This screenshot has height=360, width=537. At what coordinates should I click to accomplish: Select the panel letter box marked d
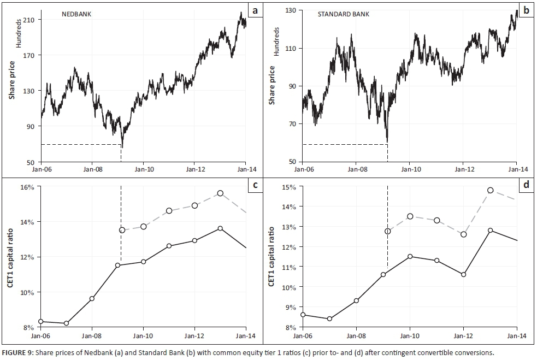click(x=526, y=185)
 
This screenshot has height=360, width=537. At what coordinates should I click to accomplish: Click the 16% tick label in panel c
click(x=27, y=187)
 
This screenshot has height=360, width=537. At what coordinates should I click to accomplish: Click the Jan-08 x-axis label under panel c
click(x=92, y=335)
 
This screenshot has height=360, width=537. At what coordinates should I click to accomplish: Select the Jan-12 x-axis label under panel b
click(x=463, y=169)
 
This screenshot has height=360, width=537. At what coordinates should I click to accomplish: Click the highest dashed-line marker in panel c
click(x=220, y=193)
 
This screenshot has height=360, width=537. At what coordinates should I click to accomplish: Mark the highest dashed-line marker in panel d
click(x=491, y=190)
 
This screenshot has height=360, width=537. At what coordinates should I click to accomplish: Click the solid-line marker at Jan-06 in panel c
click(x=41, y=322)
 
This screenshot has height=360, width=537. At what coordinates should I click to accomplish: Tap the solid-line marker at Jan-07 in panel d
click(x=329, y=319)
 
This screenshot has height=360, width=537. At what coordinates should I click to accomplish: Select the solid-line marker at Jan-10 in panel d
click(x=410, y=256)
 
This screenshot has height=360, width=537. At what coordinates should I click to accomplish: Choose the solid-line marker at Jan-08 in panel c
click(x=92, y=298)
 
